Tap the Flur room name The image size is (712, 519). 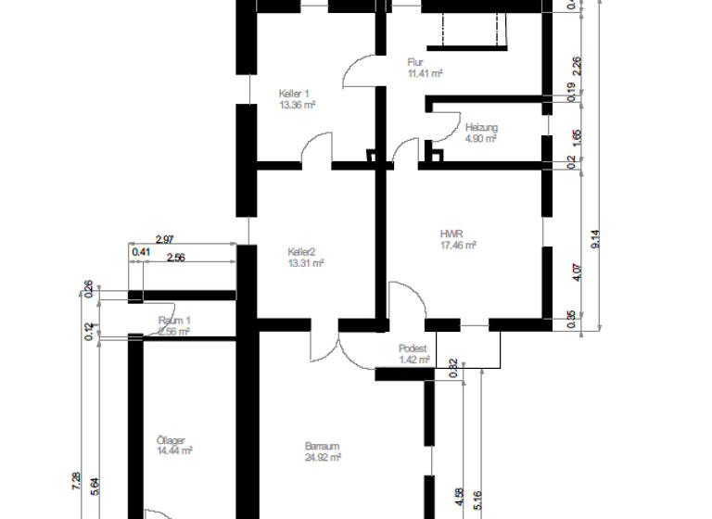[415, 62]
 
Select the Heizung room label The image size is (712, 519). [481, 127]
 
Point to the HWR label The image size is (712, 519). [451, 234]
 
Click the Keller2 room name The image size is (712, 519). [302, 251]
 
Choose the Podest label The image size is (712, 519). [412, 348]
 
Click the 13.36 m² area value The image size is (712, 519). [298, 105]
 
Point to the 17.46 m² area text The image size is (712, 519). [458, 246]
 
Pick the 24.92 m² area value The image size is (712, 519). [324, 457]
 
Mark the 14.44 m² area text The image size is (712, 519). [174, 451]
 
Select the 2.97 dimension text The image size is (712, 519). [166, 240]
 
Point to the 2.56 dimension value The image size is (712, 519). [176, 258]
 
